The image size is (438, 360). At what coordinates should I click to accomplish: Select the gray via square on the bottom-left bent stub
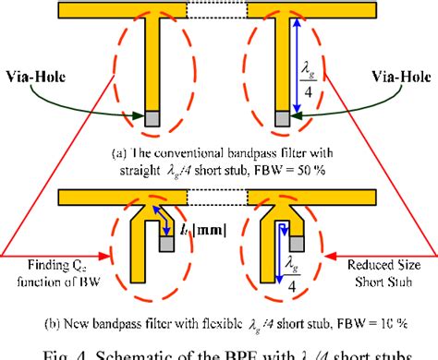pyautogui.click(x=167, y=244)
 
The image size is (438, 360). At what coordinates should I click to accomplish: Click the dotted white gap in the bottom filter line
pyautogui.click(x=219, y=196)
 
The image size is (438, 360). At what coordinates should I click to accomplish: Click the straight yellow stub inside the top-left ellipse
pyautogui.click(x=152, y=65)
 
